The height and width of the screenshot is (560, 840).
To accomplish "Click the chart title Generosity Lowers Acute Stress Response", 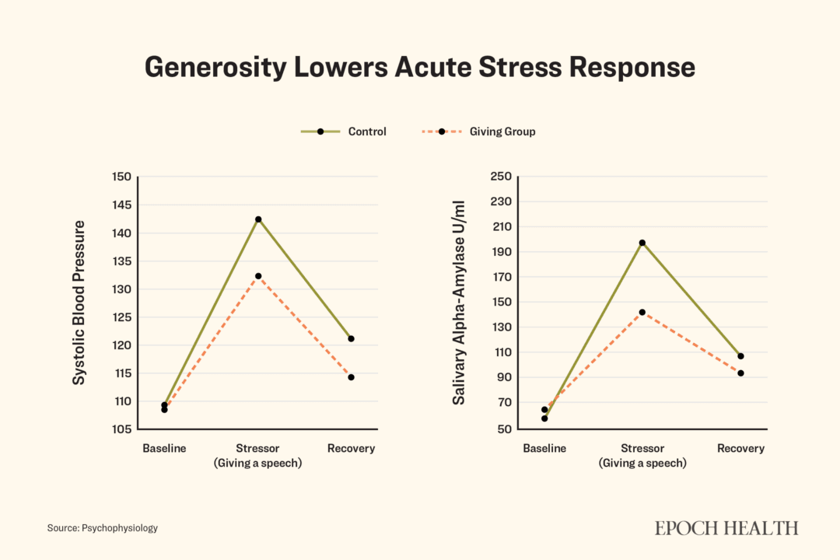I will click(420, 67).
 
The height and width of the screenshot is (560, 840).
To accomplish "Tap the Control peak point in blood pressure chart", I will click(258, 219).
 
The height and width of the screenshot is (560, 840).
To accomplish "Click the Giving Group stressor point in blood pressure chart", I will click(258, 276).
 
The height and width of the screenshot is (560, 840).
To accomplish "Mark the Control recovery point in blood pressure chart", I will click(352, 338).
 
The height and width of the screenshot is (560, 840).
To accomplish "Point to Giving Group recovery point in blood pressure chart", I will click(352, 377).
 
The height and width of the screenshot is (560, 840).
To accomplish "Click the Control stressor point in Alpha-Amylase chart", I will click(642, 243).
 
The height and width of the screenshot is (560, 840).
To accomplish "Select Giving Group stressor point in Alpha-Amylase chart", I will click(642, 312).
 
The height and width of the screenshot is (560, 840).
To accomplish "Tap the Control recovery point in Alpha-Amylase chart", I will click(740, 356).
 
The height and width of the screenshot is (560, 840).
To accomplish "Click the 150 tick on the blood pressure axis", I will click(122, 177).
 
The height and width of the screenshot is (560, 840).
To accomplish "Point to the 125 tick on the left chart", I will click(122, 317).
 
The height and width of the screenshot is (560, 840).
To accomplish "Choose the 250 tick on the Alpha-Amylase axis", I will click(500, 177).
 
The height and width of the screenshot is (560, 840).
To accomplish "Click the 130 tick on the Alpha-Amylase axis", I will click(500, 327).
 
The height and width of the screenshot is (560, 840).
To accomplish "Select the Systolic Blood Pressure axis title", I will click(79, 303).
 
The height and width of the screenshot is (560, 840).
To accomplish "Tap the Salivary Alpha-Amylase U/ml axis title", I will click(460, 303).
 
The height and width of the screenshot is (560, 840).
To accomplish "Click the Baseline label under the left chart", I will click(164, 449).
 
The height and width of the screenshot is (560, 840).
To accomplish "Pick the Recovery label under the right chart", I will click(740, 449).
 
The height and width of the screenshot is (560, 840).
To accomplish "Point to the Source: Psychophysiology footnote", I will click(102, 528).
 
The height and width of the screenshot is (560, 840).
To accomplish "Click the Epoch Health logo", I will click(726, 528).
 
